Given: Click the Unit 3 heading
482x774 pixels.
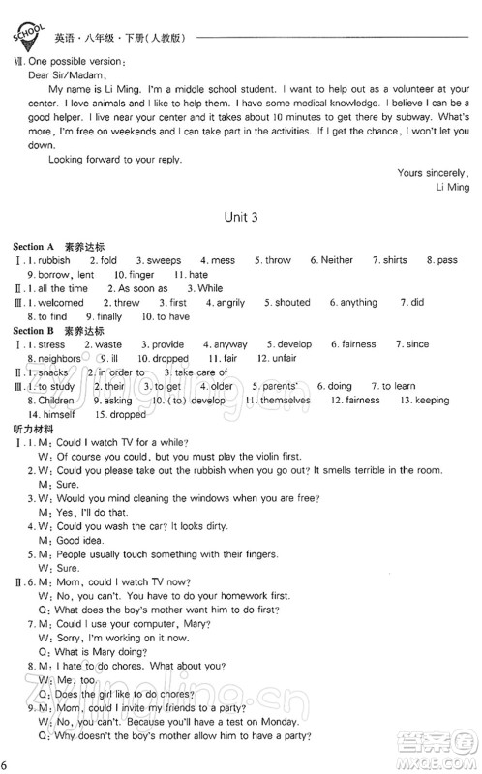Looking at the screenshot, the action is (242, 218).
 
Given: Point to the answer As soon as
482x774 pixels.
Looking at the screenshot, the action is (142, 288).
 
